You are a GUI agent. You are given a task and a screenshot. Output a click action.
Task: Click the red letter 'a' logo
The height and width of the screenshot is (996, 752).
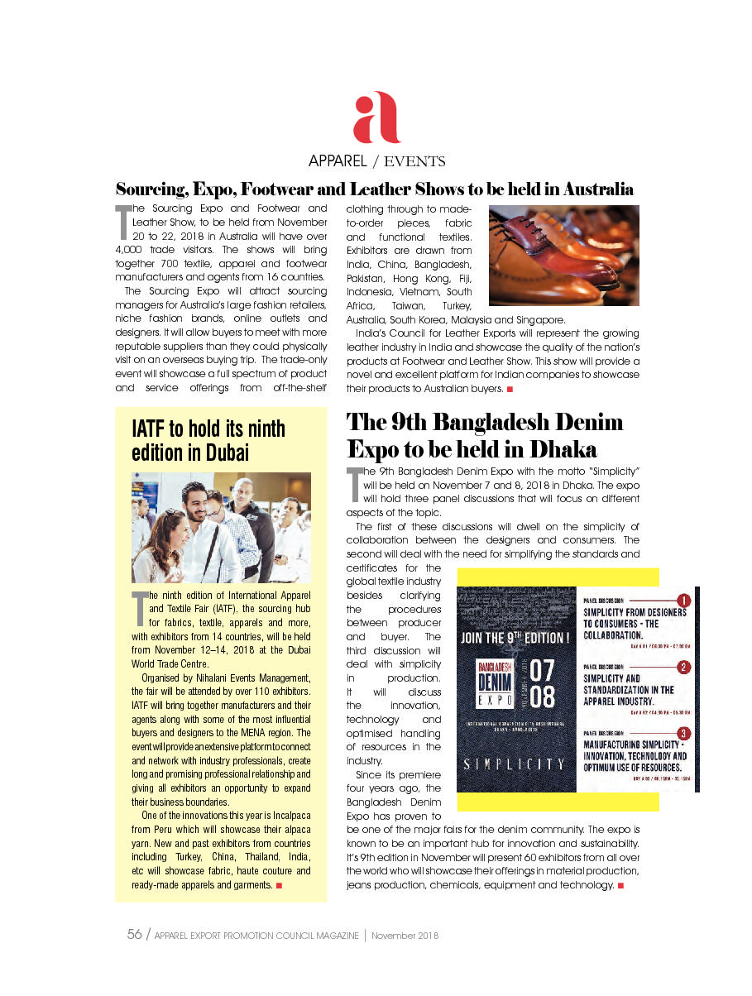tap(376, 118)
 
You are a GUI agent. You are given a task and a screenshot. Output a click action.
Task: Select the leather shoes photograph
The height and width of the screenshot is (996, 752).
tap(564, 256)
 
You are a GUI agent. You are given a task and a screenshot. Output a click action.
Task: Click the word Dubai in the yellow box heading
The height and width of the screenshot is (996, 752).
tap(226, 453)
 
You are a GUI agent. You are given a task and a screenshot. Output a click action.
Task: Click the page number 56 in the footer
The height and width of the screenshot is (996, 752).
tap(134, 935)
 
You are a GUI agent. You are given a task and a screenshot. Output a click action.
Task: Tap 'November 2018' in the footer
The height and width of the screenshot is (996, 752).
tap(405, 936)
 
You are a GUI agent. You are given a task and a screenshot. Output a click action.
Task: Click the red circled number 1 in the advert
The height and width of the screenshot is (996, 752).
tap(683, 600)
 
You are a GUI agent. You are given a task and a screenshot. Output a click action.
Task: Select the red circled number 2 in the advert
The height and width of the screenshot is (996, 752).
tap(683, 667)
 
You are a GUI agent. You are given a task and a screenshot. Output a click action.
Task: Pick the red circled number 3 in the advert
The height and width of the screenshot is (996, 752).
tap(683, 733)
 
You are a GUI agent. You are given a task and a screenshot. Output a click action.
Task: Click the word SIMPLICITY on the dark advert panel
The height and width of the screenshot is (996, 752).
tap(514, 764)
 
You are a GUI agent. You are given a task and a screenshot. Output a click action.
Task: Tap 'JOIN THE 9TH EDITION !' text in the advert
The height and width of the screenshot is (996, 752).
tap(515, 638)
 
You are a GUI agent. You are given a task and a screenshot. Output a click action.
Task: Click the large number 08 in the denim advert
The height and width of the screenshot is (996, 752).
tap(542, 697)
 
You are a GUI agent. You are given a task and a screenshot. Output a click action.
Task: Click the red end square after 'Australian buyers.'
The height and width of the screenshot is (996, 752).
tap(510, 389)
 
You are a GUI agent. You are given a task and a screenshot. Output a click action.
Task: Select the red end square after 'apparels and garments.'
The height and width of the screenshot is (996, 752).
tap(280, 885)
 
